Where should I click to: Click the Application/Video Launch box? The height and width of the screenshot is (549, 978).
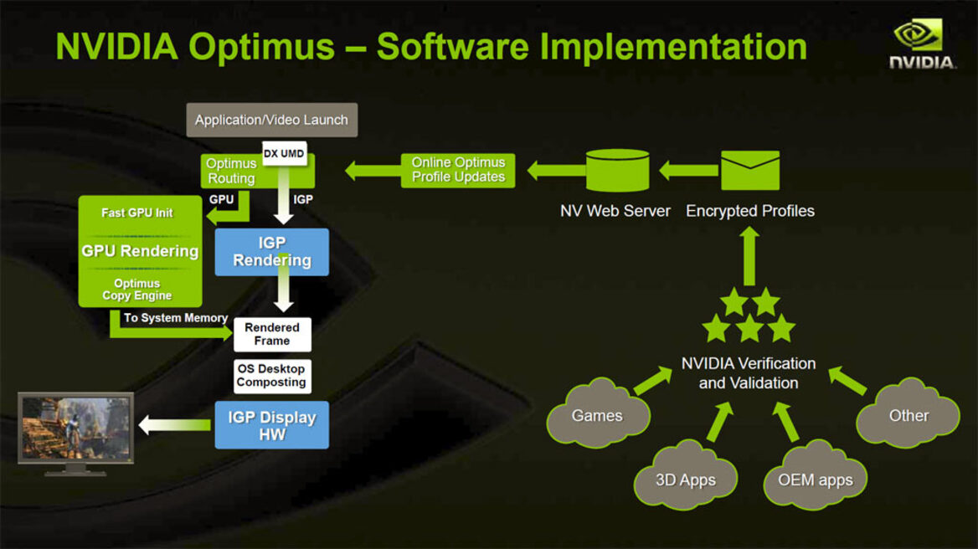[271, 120]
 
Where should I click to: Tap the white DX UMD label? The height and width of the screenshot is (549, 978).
[284, 153]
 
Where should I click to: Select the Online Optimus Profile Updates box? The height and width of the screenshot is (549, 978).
[458, 170]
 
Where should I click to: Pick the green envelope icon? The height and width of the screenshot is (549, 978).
[749, 171]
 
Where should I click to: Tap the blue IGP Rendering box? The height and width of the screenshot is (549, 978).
[271, 252]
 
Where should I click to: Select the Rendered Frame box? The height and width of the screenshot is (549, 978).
[272, 334]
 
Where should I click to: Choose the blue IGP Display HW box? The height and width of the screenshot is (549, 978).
[271, 425]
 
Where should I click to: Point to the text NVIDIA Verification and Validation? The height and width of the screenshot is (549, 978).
[749, 373]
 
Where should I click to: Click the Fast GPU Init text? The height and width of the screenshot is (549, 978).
[137, 213]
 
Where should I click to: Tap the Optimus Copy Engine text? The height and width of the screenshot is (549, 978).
[137, 290]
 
